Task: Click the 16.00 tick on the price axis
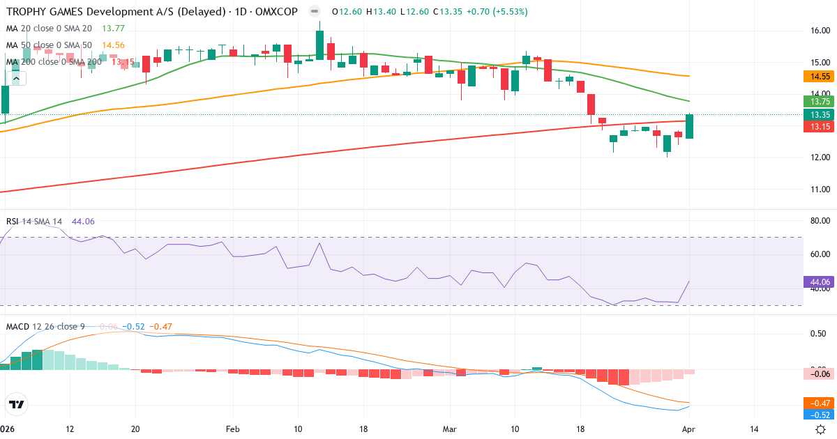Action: pos(820,31)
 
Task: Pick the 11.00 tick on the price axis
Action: pos(820,190)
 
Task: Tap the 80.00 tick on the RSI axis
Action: pos(820,222)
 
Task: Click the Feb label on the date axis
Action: pos(233,429)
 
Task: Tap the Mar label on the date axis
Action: pos(450,429)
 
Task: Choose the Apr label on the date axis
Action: pos(688,429)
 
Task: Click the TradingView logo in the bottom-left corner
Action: pos(16,404)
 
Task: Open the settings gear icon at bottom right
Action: pos(821,429)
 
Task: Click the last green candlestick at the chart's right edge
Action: pos(689,126)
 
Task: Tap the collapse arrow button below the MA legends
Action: pos(16,78)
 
